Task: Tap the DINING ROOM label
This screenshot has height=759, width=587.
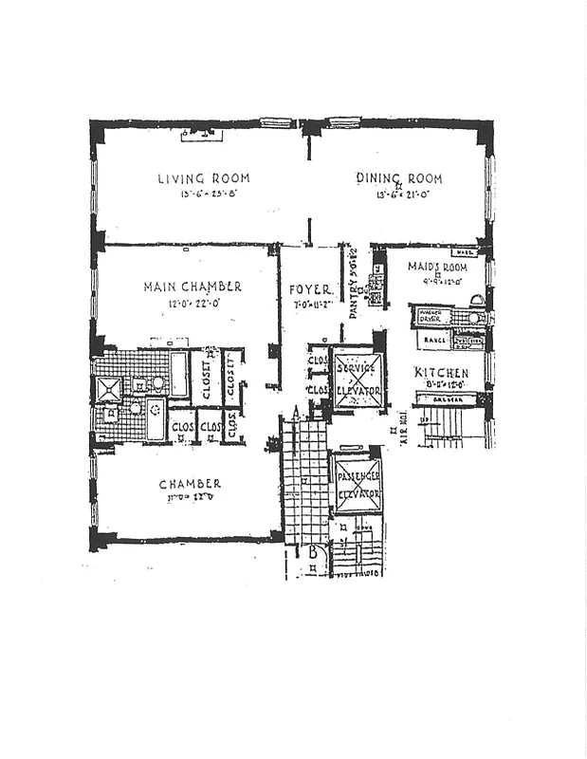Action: (398, 178)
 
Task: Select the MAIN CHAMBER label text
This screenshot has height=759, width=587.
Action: (193, 287)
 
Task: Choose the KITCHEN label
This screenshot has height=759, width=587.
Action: (442, 373)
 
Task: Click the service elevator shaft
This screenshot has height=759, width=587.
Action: (358, 379)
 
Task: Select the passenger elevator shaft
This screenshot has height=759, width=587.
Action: (358, 485)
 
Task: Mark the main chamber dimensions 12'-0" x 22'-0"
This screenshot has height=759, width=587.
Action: (193, 304)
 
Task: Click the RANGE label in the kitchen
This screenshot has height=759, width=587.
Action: (434, 339)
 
